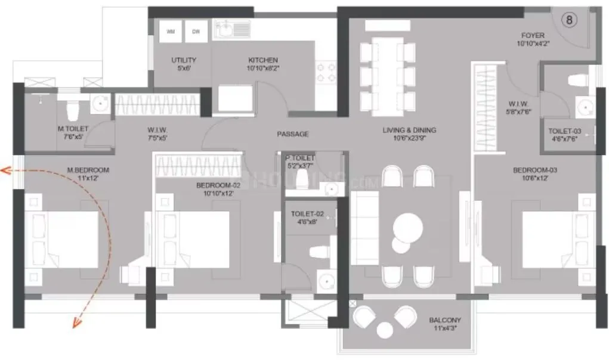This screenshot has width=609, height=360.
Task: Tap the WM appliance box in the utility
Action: [171, 32]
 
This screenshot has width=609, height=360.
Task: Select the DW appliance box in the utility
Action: [195, 32]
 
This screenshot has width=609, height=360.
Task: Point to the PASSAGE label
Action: [293, 134]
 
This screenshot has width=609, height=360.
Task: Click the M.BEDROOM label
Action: [88, 170]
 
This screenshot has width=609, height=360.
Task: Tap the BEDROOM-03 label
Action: [531, 170]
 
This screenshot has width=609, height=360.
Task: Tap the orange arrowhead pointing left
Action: [5, 170]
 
